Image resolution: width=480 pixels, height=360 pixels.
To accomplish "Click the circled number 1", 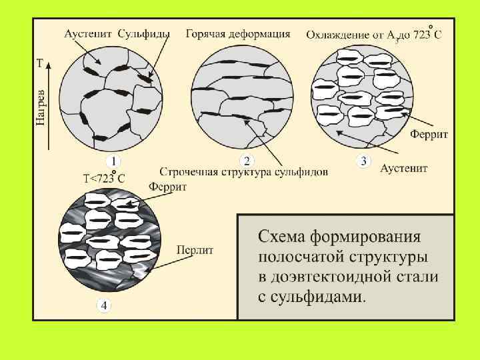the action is (x=113, y=161).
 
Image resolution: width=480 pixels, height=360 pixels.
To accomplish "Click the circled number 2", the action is (x=247, y=161).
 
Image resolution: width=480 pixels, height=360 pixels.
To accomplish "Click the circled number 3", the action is (x=363, y=161).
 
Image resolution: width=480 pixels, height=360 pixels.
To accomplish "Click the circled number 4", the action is (x=105, y=305).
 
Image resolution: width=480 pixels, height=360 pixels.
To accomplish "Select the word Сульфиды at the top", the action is (x=144, y=33).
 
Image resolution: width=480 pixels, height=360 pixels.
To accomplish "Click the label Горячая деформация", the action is (x=238, y=33).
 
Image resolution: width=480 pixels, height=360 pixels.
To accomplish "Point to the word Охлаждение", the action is (x=339, y=34).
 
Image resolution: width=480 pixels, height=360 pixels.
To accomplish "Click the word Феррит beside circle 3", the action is (x=429, y=135).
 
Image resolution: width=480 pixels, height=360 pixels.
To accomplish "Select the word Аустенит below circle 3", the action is (x=404, y=169).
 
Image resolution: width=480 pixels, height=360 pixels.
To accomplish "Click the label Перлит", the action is (x=195, y=250).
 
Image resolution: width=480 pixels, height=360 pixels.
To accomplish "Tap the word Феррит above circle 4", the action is (x=168, y=187).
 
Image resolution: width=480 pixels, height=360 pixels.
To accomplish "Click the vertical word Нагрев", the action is (x=41, y=106).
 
